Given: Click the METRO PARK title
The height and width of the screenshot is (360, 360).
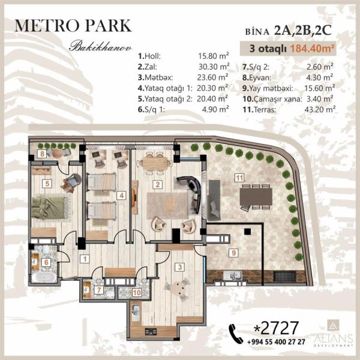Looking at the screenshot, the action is click(x=73, y=26).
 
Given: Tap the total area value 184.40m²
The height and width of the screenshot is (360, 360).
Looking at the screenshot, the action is click(x=312, y=49).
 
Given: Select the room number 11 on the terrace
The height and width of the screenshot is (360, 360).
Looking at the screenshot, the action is click(x=239, y=178).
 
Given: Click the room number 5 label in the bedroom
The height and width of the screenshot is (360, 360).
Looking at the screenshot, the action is click(x=47, y=184).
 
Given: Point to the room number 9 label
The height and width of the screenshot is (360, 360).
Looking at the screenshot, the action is click(x=234, y=253).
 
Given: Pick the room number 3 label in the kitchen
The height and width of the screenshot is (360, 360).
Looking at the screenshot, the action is click(x=180, y=267).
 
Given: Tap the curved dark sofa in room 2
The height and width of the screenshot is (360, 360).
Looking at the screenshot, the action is click(x=192, y=192).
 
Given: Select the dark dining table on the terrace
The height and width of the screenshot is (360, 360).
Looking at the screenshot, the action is click(x=256, y=197).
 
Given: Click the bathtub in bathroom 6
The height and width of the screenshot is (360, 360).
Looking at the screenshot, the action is click(x=44, y=277).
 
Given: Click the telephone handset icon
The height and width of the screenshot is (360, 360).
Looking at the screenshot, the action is click(x=236, y=334).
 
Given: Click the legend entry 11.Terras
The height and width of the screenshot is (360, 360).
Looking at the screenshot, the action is click(x=259, y=110).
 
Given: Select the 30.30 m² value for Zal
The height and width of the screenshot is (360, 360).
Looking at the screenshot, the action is click(x=214, y=67).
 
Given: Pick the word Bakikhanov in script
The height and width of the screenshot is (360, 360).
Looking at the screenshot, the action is click(x=101, y=46).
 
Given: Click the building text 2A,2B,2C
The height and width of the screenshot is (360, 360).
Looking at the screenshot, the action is click(x=303, y=31).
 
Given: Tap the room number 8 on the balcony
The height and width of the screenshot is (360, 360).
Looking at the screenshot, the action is click(x=42, y=154).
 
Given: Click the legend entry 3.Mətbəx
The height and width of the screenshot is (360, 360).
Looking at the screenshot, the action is click(x=155, y=77).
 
